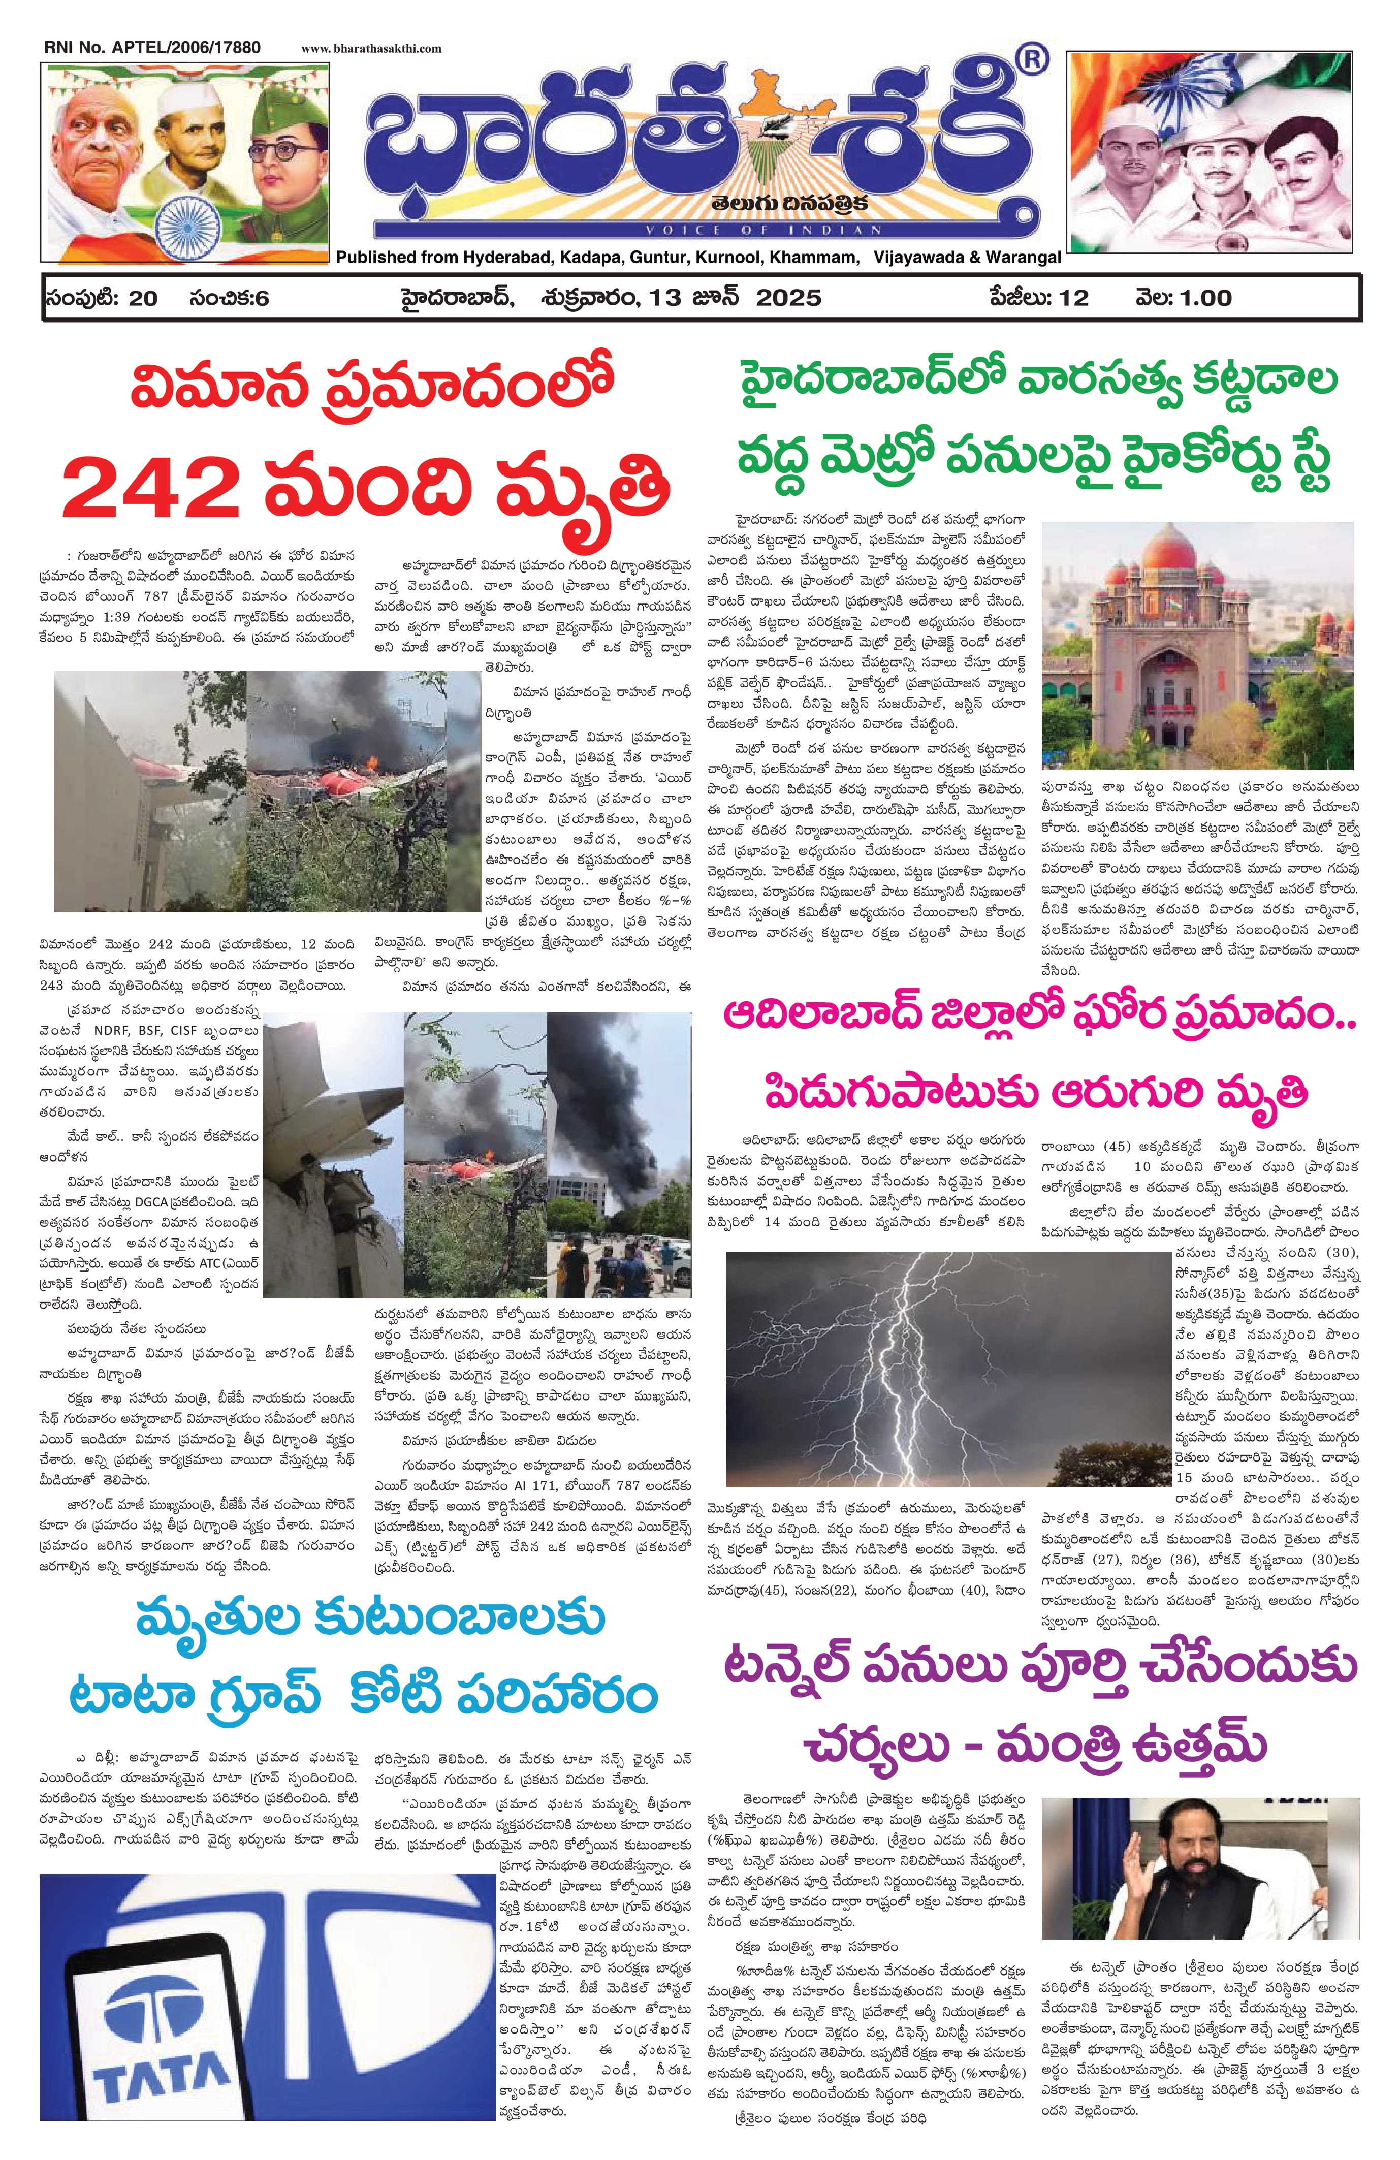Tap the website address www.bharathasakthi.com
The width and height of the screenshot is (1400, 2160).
pos(371,49)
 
